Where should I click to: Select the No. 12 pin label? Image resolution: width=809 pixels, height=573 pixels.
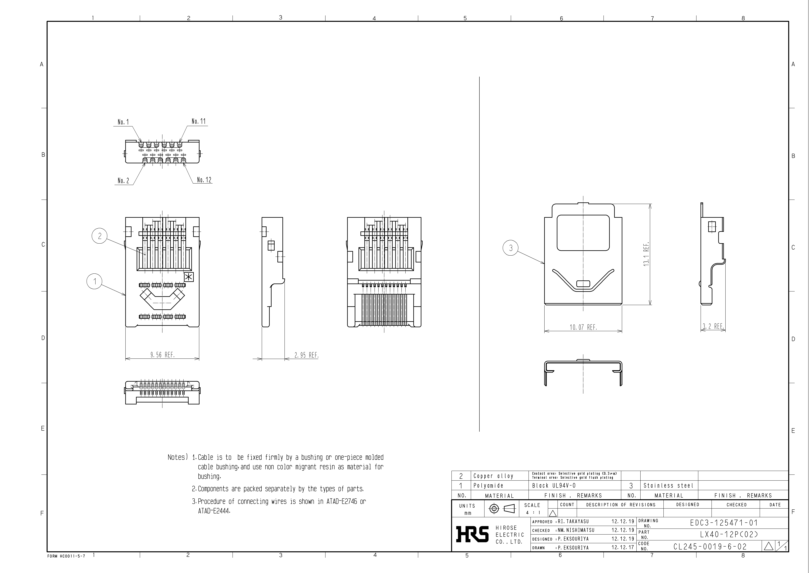tap(204, 180)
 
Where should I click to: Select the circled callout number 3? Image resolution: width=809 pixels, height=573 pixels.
tap(511, 248)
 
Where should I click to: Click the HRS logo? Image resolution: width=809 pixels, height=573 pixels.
tap(472, 534)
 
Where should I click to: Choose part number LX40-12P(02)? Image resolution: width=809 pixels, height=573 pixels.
tap(728, 534)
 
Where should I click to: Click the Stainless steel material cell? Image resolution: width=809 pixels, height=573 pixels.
tap(668, 486)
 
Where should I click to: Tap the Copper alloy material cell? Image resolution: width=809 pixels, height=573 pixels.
tap(493, 476)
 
